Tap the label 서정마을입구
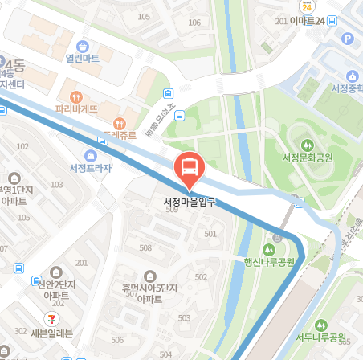tap(190, 200)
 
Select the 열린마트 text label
tap(83, 59)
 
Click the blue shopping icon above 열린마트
tap(83, 45)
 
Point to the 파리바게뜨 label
tap(77, 108)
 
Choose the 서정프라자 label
tap(90, 168)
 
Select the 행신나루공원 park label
tap(271, 260)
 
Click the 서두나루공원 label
tap(320, 337)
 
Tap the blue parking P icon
tap(347, 39)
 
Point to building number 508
tap(145, 247)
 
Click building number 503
tap(185, 317)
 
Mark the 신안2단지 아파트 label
tap(56, 288)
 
